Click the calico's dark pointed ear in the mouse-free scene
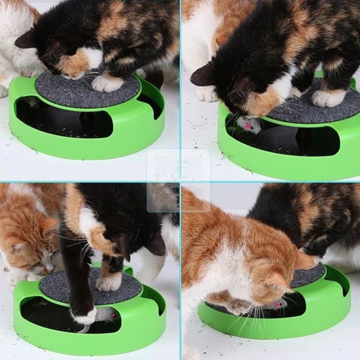(x=27, y=39)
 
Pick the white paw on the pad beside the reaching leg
(x=109, y=282)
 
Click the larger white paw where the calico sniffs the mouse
(x=329, y=98)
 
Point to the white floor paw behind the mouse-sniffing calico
(x=207, y=94)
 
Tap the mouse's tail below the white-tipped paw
(x=84, y=329)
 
